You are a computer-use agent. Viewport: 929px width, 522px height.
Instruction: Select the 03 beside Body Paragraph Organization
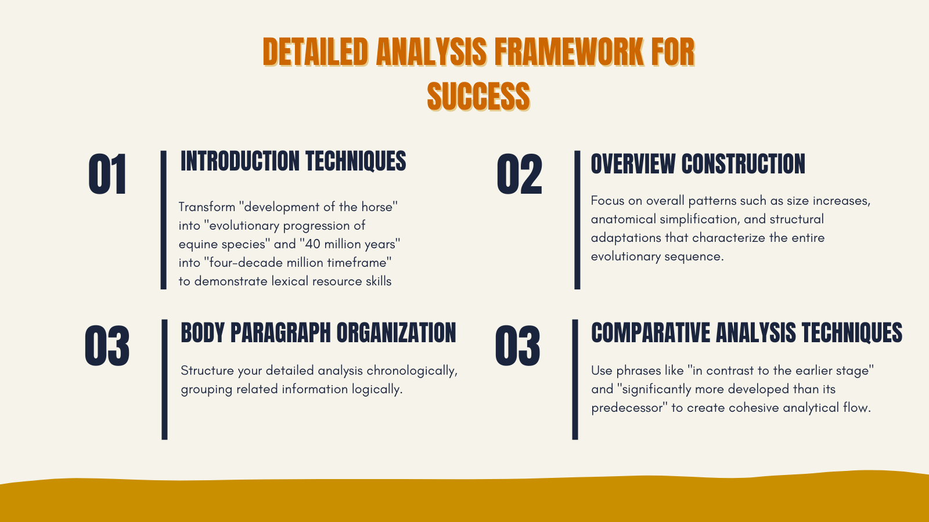pos(107,346)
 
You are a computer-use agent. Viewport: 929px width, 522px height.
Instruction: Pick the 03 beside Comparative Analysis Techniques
pos(517,346)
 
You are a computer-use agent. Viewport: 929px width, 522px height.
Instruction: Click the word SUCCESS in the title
pos(478,96)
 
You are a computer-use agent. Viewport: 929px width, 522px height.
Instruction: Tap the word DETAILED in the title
pos(315,52)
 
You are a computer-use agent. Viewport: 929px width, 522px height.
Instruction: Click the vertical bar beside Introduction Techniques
pos(164,220)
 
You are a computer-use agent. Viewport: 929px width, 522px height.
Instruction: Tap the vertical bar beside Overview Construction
pos(577,220)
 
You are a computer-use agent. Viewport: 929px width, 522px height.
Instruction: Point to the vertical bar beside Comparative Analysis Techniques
pos(575,379)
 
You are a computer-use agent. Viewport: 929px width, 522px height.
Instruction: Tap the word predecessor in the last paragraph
pos(627,408)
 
